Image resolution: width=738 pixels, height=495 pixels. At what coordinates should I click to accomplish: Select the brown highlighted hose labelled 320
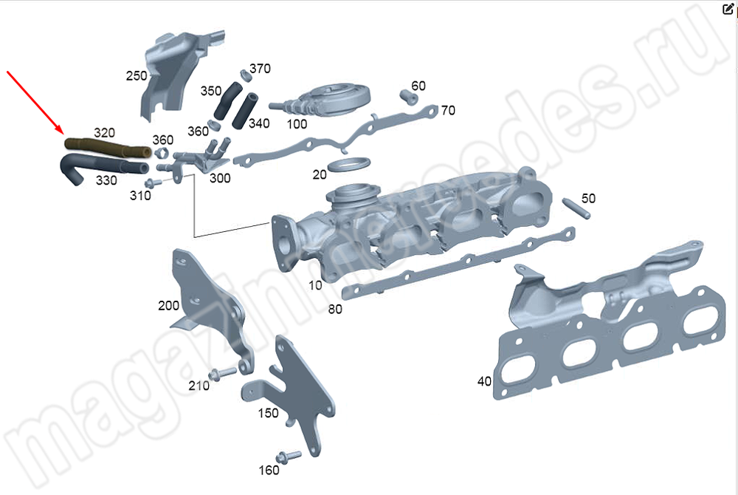click(107, 148)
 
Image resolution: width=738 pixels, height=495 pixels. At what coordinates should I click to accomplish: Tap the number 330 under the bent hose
click(106, 180)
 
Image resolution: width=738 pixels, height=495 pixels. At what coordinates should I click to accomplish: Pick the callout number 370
click(259, 69)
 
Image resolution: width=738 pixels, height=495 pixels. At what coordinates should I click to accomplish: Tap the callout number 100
click(297, 124)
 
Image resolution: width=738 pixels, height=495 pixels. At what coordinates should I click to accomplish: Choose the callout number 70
click(448, 111)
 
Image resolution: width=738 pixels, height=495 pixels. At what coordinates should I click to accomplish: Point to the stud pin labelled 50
click(574, 206)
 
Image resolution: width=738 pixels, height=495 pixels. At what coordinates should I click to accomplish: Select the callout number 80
click(335, 310)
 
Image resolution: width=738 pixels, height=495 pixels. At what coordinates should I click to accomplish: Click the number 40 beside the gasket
click(484, 381)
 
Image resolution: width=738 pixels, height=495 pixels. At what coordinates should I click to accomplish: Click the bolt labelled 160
click(288, 456)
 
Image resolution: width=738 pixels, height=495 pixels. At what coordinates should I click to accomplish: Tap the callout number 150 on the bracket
click(268, 413)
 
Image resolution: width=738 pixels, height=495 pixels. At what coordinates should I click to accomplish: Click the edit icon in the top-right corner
click(728, 9)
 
